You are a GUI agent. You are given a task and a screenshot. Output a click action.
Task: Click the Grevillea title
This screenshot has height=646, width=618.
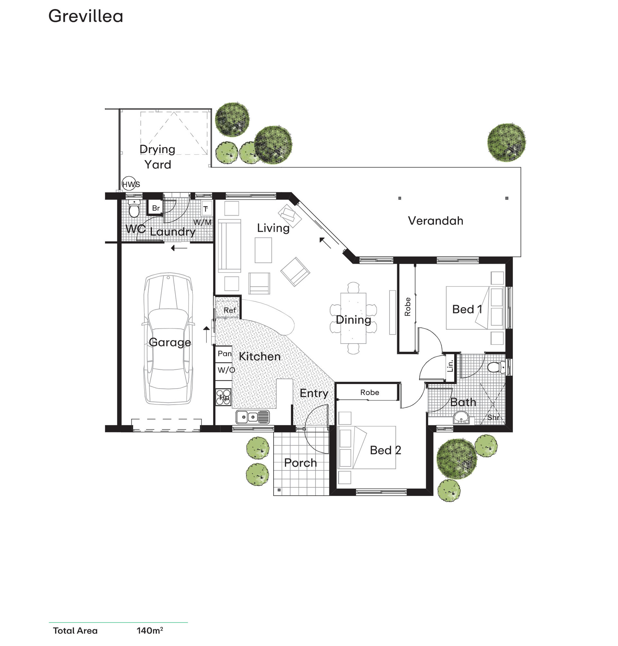tap(86, 16)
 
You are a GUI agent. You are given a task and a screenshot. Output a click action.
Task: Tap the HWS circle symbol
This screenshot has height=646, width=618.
tap(128, 184)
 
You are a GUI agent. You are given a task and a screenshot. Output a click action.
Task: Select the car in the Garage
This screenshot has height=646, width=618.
tap(168, 338)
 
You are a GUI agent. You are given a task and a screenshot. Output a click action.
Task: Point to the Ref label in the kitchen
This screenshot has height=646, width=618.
tap(229, 310)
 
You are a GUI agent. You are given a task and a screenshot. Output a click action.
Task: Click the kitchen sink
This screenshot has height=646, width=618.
tap(253, 417)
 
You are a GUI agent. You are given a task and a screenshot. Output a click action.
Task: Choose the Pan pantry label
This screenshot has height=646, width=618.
tap(225, 354)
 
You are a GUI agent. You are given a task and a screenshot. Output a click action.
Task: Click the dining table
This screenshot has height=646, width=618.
tap(353, 318)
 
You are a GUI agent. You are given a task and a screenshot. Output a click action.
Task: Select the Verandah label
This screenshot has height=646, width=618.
tap(435, 221)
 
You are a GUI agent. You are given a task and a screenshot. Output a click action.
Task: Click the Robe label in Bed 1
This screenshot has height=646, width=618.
tap(408, 307)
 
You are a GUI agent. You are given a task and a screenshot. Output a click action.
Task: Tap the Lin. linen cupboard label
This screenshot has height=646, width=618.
tap(450, 365)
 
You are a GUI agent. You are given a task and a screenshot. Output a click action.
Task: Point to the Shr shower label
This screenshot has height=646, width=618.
tap(493, 418)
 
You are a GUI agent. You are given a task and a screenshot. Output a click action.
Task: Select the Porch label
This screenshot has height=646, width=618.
tap(300, 463)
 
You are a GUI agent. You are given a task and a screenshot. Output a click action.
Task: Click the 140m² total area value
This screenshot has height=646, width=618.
tap(150, 631)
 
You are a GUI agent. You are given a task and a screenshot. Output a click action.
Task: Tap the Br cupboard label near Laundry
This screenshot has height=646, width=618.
tap(156, 208)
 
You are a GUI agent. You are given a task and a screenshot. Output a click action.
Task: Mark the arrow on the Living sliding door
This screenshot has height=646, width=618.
tap(325, 243)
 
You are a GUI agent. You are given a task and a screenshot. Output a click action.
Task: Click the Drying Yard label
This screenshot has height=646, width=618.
tap(157, 157)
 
